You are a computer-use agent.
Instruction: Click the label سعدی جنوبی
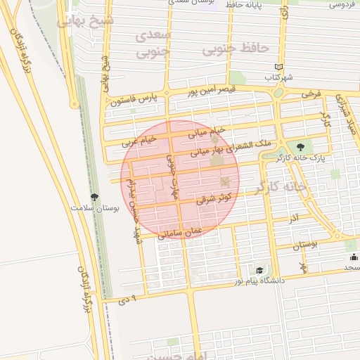click(x=153, y=43)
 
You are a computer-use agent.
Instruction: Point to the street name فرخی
click(x=311, y=93)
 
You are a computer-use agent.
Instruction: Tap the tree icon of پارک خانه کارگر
click(x=302, y=147)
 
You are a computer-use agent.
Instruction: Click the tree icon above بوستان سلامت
click(x=95, y=197)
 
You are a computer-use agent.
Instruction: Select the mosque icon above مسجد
click(x=353, y=257)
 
